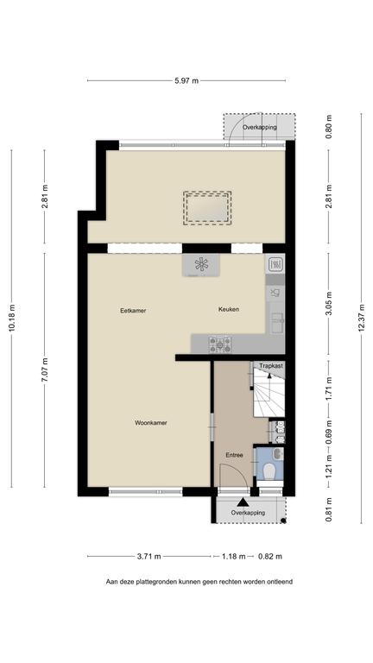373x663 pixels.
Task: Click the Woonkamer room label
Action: coord(150,422)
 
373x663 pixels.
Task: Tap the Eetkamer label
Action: coord(133,311)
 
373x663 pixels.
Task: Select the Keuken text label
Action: coord(228,309)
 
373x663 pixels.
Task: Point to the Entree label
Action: coord(234,456)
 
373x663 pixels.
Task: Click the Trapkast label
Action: coord(271,365)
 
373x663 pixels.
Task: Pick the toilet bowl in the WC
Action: coord(269,470)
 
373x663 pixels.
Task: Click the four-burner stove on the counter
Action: coord(220,344)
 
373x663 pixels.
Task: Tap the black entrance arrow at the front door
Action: coord(243,502)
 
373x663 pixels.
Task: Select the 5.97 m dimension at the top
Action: coord(186,81)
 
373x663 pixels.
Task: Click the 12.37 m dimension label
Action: coord(362,319)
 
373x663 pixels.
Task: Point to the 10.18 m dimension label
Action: coord(12,318)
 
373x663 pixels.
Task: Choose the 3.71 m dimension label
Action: coord(149,557)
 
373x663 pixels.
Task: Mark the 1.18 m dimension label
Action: coord(234,557)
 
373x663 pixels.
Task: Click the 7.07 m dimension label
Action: coord(44,369)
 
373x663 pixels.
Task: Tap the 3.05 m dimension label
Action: coord(329,304)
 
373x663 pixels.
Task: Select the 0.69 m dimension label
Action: coord(329,432)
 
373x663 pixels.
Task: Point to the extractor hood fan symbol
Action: coord(201,265)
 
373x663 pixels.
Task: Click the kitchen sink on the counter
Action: coord(277,324)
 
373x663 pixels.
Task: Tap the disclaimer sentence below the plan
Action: coord(199,582)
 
